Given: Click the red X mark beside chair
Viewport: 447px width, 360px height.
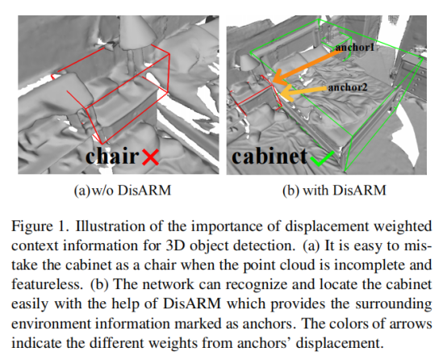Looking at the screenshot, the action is tap(150, 157).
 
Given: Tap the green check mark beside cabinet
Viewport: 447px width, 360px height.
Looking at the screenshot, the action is tap(323, 158).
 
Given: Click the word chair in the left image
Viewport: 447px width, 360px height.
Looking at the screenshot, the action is tap(112, 156).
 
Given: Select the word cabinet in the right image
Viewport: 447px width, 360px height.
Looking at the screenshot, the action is tap(269, 156).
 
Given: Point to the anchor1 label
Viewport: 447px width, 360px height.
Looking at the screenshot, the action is tap(355, 47).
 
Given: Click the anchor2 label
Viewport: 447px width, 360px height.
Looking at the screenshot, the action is tap(348, 87).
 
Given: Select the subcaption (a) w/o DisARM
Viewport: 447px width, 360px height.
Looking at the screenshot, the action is tap(123, 190).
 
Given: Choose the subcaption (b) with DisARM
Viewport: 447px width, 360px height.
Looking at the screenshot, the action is tap(334, 190).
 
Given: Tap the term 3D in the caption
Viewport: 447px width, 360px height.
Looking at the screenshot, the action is tap(175, 246).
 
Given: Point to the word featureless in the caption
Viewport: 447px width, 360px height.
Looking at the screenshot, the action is tap(47, 285).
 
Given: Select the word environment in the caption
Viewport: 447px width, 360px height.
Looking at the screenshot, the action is tap(51, 324).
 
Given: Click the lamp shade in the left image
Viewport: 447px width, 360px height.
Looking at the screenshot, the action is tap(138, 31).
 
